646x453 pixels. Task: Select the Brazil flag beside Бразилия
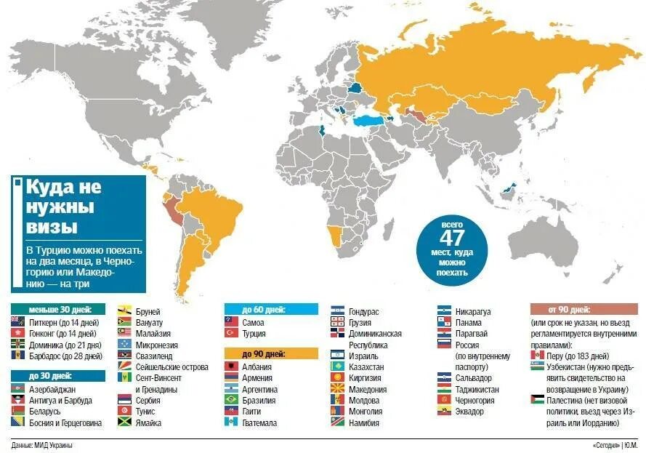pos(232,399)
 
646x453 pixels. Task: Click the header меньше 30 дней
pos(57,309)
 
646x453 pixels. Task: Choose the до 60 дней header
pos(270,309)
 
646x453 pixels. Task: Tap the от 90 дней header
pos(584,309)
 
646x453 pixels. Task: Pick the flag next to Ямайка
pos(124,422)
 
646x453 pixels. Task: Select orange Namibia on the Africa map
pos(335,236)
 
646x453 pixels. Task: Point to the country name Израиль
pos(363,356)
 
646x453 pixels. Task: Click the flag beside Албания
pos(232,366)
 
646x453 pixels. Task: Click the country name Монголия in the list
pos(366,412)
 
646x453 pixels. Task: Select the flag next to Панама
pos(445,321)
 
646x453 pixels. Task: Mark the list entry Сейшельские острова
pos(166,367)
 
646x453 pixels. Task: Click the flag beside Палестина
pos(538,400)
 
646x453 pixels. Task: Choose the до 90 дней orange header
pos(270,353)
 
